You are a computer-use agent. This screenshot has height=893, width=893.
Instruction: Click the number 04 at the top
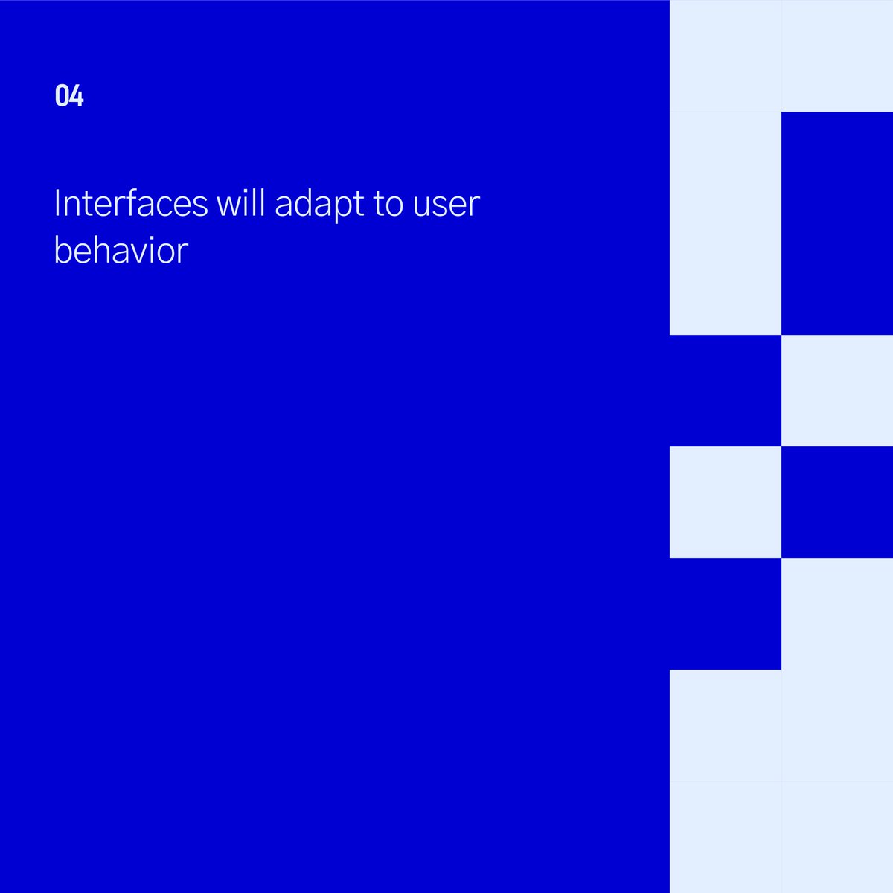tap(69, 96)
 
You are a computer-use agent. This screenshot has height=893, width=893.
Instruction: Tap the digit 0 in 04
tap(62, 96)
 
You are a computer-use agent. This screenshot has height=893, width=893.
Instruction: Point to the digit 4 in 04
tap(77, 96)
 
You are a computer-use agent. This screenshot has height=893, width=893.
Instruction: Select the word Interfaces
tap(131, 203)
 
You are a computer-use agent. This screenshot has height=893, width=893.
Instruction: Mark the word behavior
tap(121, 250)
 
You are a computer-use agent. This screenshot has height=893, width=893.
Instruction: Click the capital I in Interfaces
tap(57, 203)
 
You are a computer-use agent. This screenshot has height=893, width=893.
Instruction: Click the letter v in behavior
tap(138, 252)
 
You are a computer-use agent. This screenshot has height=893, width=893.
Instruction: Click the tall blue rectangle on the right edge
tap(837, 223)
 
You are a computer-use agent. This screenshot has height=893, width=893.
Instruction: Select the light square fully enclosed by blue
tap(726, 502)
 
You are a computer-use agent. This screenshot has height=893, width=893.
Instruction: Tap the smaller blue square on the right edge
tap(837, 502)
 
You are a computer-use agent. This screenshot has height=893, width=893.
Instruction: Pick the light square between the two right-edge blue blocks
tap(837, 391)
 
